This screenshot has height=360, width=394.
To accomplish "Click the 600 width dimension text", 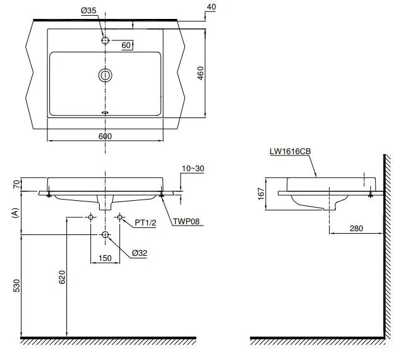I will point(105,136).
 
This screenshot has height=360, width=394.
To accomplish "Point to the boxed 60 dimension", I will point(126,45).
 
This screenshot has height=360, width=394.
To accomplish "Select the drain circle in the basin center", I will point(105,76).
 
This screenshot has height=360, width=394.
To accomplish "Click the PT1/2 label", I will point(145,222).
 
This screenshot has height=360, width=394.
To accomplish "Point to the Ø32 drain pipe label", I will point(140,253).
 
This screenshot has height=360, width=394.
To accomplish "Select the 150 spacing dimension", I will point(105,258).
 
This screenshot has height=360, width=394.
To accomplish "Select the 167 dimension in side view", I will point(261,193).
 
